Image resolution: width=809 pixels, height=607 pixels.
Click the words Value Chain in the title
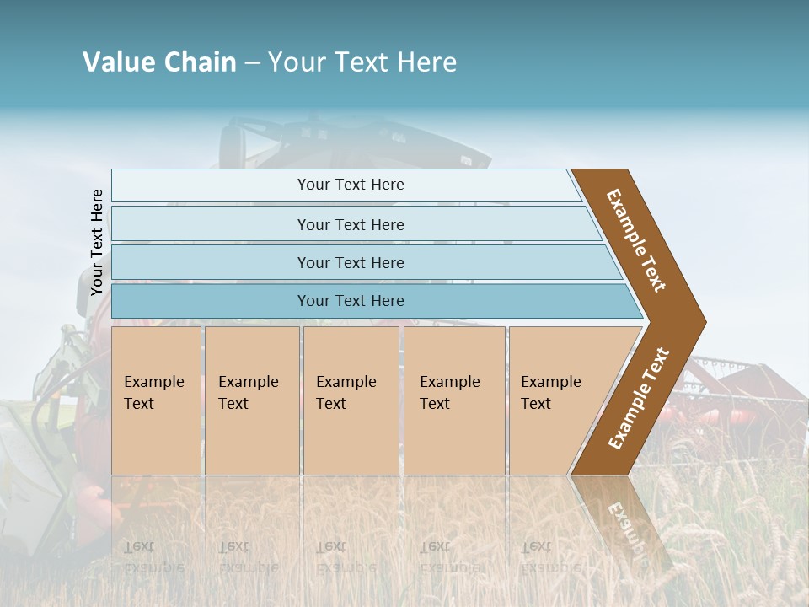tap(159, 62)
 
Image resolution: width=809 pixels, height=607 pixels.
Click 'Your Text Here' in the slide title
tap(362, 62)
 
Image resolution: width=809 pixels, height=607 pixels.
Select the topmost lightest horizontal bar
tap(211, 185)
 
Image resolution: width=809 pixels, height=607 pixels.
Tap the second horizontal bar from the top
tap(211, 224)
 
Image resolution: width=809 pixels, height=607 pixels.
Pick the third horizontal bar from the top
tap(211, 262)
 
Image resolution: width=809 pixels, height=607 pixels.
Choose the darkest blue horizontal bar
tap(211, 301)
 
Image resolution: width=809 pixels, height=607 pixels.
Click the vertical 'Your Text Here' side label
tap(97, 242)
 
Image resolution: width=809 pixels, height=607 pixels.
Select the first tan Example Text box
tap(156, 400)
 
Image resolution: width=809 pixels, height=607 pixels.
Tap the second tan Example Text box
tap(251, 400)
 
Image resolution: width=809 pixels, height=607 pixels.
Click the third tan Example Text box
tap(350, 400)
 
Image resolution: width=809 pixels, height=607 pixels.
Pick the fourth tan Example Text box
tap(453, 400)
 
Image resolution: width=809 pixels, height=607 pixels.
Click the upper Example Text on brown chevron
tap(636, 239)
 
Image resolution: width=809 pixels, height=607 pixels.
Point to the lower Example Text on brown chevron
tap(639, 399)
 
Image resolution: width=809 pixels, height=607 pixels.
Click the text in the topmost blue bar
tap(351, 185)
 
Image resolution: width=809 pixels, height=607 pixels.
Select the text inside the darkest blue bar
tap(351, 301)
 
